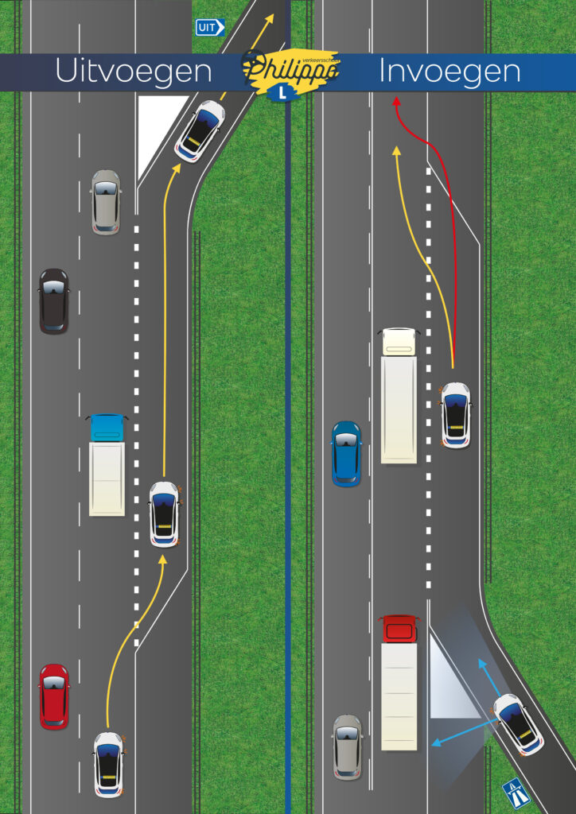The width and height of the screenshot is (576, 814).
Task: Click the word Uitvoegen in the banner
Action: click(x=133, y=72)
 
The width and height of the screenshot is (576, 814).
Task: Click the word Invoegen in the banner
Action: click(x=450, y=72)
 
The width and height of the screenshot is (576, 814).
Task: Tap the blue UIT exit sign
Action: click(x=210, y=28)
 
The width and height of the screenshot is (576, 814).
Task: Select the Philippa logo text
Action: click(x=290, y=69)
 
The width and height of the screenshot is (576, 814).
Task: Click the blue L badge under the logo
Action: click(x=281, y=93)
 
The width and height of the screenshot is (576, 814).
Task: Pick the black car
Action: click(x=53, y=300)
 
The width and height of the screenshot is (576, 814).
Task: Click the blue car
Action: click(x=346, y=453)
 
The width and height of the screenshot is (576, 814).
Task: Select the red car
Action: click(x=54, y=696)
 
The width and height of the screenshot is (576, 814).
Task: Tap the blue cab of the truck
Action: click(x=107, y=428)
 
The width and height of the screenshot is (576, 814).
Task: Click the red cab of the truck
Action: click(x=399, y=628)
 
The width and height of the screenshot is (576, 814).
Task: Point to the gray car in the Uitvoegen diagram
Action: click(x=106, y=202)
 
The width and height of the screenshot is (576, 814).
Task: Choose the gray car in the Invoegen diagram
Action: click(x=347, y=746)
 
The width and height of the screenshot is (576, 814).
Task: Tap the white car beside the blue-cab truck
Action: click(x=165, y=514)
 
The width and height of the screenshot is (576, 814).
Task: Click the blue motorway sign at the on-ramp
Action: click(x=516, y=792)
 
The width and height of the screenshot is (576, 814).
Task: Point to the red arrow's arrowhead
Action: click(x=396, y=101)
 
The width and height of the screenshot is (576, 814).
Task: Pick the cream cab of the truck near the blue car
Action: click(x=399, y=341)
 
